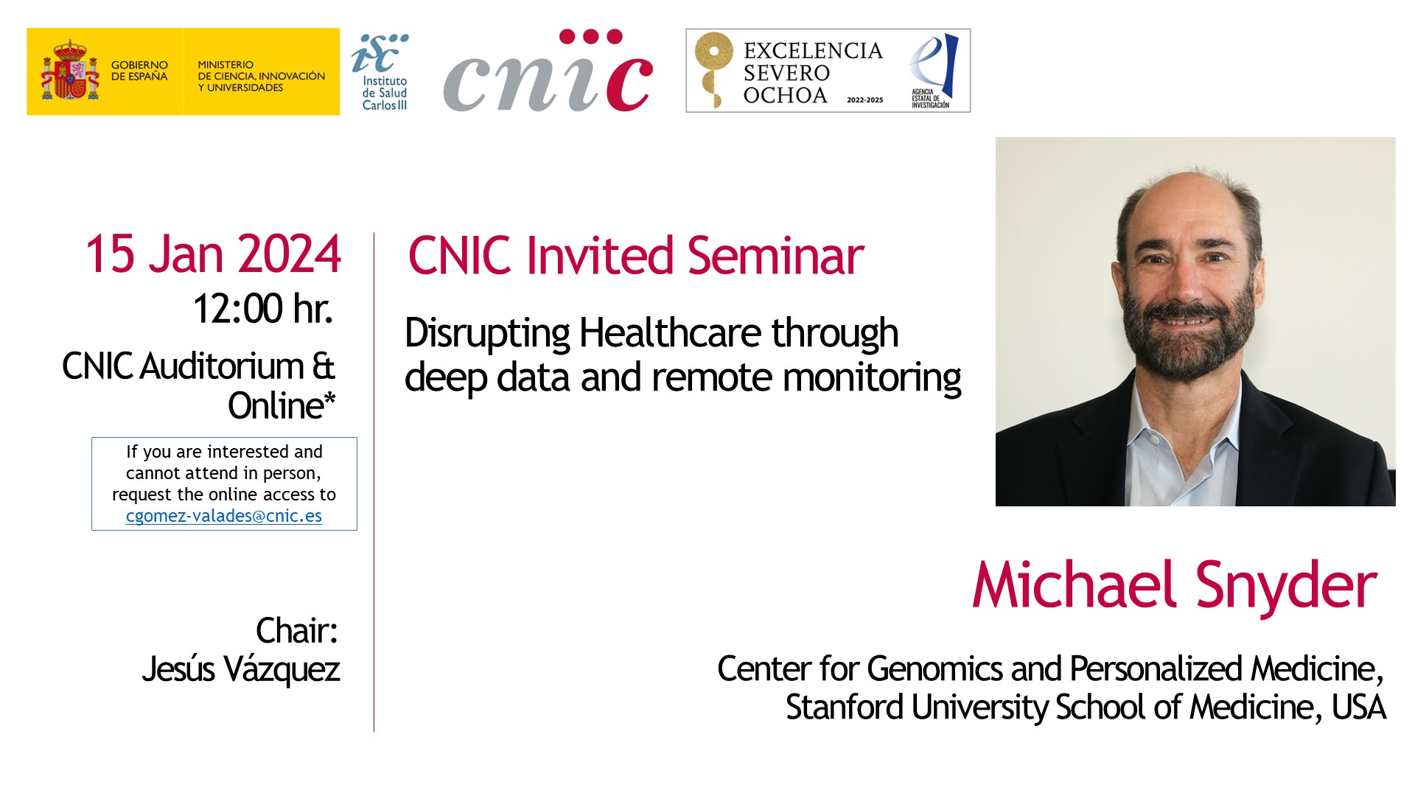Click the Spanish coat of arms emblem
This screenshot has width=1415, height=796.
(x=71, y=71)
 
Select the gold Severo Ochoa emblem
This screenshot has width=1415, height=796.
(x=713, y=69)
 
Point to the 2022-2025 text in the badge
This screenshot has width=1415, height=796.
(x=864, y=100)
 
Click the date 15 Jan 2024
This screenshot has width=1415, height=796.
(x=213, y=254)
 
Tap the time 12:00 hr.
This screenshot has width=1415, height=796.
(x=263, y=309)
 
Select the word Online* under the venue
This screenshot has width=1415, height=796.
(x=282, y=405)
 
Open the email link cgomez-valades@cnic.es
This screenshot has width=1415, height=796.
(x=224, y=516)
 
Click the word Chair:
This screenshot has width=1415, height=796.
(x=297, y=631)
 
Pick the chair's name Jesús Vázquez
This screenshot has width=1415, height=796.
(x=241, y=670)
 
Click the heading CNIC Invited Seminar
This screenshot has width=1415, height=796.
(x=636, y=256)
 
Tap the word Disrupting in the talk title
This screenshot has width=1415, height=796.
(x=487, y=334)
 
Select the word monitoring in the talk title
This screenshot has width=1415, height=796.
(x=872, y=379)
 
